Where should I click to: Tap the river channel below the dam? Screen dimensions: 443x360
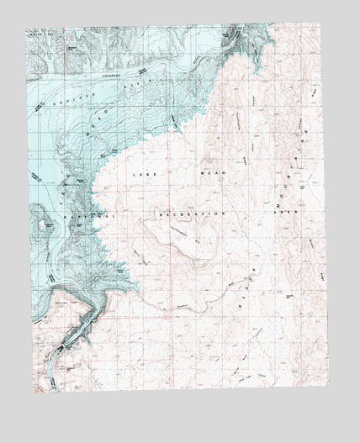(46, 366)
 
